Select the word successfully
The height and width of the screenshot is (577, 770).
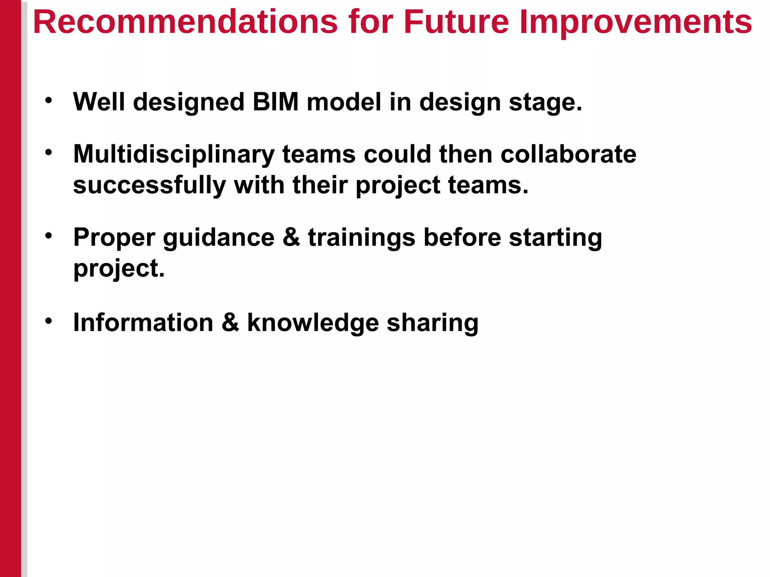[149, 185]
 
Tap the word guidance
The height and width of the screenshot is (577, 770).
[218, 238]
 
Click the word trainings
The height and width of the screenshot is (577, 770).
[361, 238]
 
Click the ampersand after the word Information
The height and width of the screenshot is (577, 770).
[230, 323]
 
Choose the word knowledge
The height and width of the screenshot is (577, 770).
[313, 323]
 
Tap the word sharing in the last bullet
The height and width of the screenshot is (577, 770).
[432, 323]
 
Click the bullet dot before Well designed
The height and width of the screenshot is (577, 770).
[49, 100]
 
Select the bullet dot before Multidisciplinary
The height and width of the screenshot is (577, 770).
[49, 153]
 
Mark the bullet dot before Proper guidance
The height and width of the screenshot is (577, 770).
[49, 236]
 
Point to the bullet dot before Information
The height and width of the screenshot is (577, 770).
[49, 321]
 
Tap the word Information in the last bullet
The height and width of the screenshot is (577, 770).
[143, 323]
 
